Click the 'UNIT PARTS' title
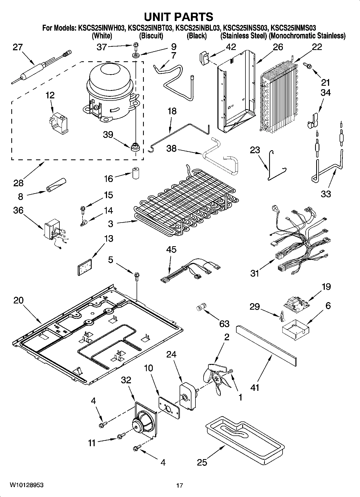pyautogui.click(x=179, y=17)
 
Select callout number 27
pyautogui.click(x=18, y=47)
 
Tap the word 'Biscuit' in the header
pyautogui.click(x=151, y=36)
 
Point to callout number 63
pyautogui.click(x=224, y=324)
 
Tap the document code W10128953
pyautogui.click(x=26, y=485)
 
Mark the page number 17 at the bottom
pyautogui.click(x=180, y=485)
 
